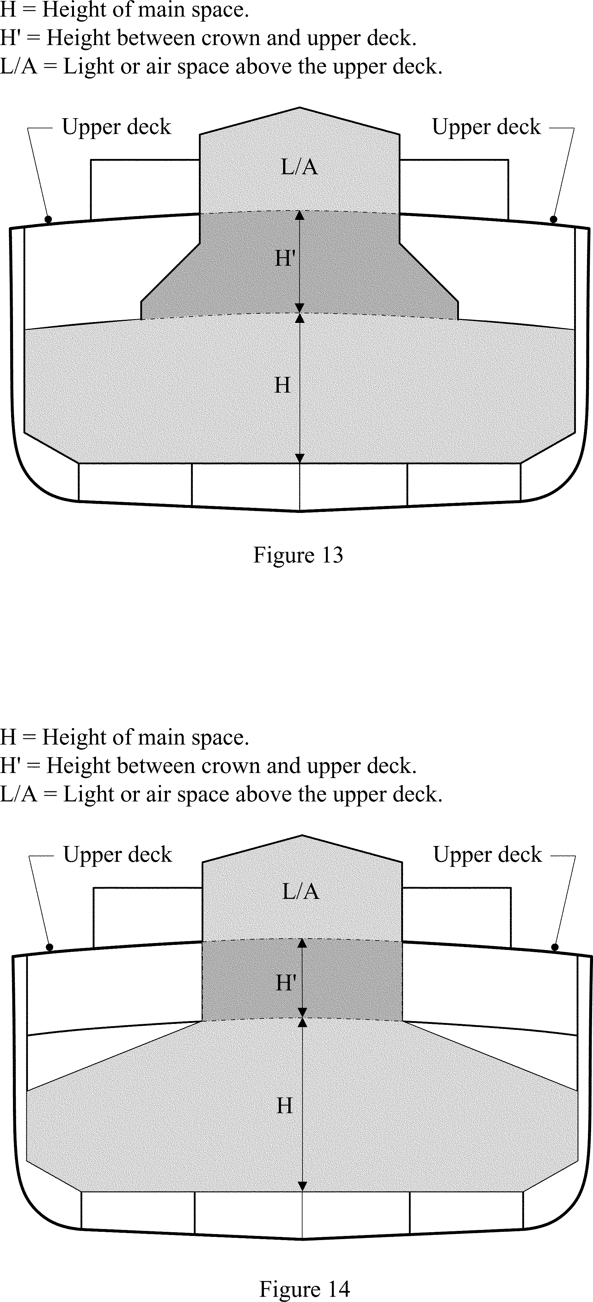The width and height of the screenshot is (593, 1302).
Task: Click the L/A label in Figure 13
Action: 299,167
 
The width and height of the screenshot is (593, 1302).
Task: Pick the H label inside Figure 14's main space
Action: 284,1105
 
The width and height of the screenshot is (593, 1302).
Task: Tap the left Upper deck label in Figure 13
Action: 116,127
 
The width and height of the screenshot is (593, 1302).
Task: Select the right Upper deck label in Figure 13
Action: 486,127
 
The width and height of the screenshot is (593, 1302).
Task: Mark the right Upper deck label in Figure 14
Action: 487,855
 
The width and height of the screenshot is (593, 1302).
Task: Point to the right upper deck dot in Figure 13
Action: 553,219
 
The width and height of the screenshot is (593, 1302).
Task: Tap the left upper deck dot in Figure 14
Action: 50,947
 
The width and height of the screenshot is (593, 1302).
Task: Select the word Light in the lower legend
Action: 89,794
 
